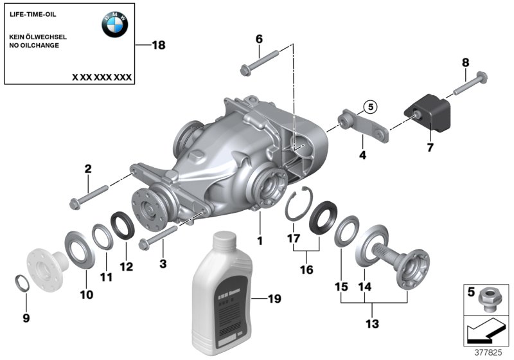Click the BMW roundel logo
coord(114,24)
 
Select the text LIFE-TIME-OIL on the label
coord(31,13)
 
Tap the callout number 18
coord(158,45)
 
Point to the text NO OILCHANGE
coord(35,46)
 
